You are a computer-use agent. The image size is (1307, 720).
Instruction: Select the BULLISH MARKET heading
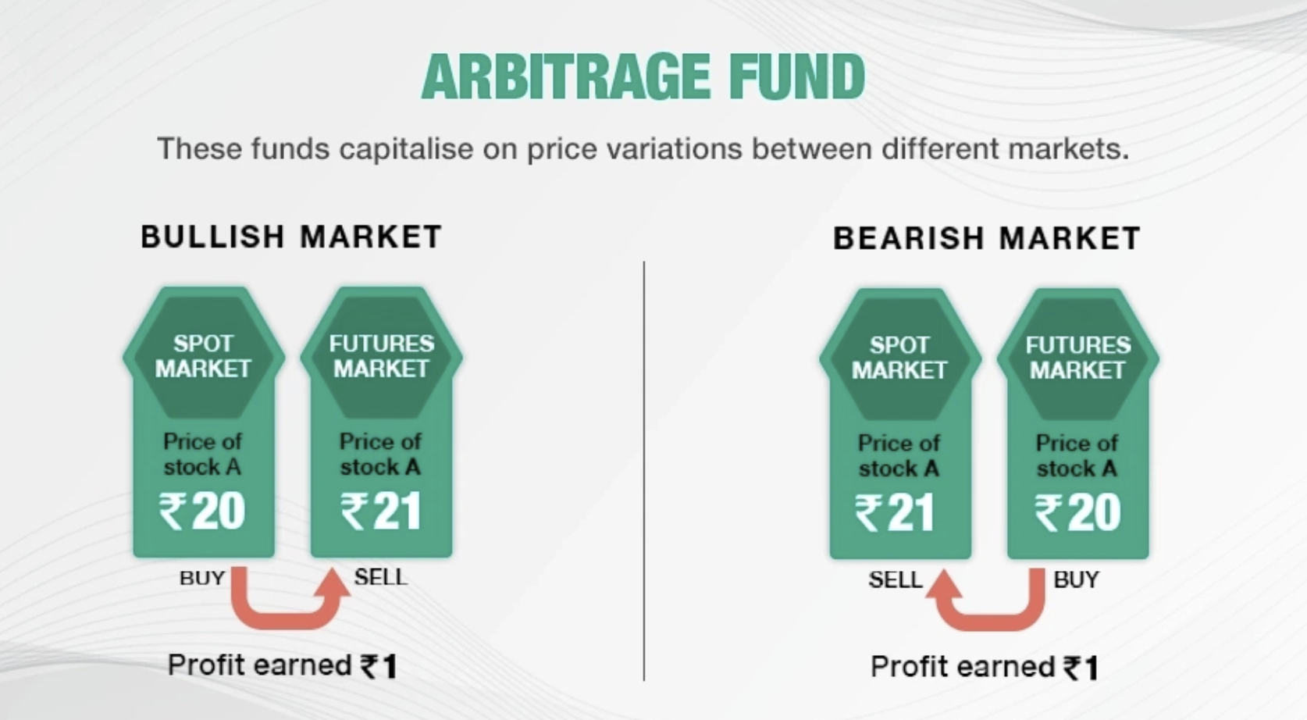pyautogui.click(x=291, y=237)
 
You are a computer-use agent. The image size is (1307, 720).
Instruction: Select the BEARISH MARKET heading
pyautogui.click(x=987, y=238)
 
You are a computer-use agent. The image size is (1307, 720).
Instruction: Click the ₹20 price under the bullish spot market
pyautogui.click(x=202, y=511)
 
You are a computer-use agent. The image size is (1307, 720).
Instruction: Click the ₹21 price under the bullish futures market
pyautogui.click(x=381, y=511)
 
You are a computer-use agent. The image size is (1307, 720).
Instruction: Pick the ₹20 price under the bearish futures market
pyautogui.click(x=1077, y=513)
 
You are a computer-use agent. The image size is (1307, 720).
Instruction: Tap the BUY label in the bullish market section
pyautogui.click(x=202, y=579)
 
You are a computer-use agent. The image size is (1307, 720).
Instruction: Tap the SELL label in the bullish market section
pyautogui.click(x=380, y=577)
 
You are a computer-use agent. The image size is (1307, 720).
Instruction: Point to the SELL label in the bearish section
pyautogui.click(x=895, y=579)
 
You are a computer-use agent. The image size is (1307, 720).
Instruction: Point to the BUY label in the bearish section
pyautogui.click(x=1076, y=579)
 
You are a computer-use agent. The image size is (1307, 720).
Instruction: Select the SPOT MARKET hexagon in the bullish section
pyautogui.click(x=203, y=356)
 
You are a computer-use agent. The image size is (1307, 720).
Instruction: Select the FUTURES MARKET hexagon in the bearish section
pyautogui.click(x=1077, y=358)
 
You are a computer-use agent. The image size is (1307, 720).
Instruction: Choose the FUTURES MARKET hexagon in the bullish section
pyautogui.click(x=381, y=356)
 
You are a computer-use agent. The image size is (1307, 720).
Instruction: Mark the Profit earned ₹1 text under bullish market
pyautogui.click(x=282, y=666)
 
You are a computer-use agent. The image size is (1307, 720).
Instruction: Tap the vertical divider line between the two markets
pyautogui.click(x=644, y=469)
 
